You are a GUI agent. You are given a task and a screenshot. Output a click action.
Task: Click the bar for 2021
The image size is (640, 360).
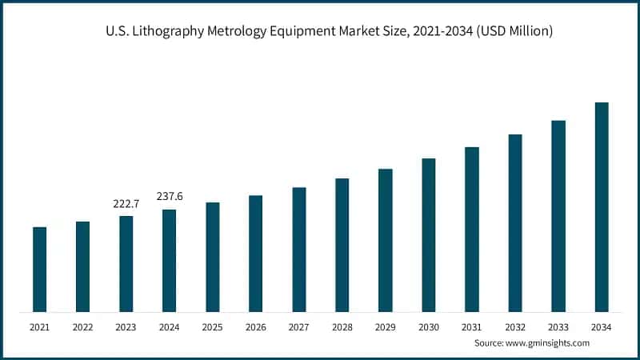[x=39, y=270]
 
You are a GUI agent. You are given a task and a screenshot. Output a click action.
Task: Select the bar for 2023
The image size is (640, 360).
[x=126, y=264]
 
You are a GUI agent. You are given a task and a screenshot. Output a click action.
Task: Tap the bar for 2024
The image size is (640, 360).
[x=169, y=261]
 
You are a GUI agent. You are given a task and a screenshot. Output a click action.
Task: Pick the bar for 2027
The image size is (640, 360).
[x=298, y=250]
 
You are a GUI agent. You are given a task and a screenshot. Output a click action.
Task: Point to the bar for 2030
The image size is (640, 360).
[x=428, y=235]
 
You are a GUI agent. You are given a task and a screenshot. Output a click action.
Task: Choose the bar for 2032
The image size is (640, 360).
[x=514, y=223]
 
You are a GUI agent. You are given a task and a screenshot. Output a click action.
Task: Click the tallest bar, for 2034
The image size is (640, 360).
[x=601, y=207]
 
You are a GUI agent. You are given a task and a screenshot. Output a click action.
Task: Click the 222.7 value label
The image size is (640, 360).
[x=126, y=204]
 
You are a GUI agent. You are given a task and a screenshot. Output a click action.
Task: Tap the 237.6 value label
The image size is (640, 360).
[x=169, y=197]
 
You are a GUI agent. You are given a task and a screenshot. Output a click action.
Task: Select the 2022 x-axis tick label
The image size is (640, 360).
[x=82, y=327]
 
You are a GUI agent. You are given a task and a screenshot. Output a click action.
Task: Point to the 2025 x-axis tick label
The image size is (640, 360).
[x=212, y=327]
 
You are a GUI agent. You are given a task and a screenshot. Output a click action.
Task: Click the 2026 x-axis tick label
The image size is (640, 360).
[x=255, y=327]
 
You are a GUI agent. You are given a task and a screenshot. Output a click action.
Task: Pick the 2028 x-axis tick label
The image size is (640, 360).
[x=342, y=327]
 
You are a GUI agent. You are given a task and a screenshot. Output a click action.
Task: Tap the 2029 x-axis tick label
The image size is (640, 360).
[x=385, y=327]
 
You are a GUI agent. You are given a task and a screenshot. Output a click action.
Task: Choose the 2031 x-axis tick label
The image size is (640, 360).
[x=471, y=327]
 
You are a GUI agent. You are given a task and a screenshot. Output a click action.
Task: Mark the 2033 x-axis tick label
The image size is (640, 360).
[x=558, y=327]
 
